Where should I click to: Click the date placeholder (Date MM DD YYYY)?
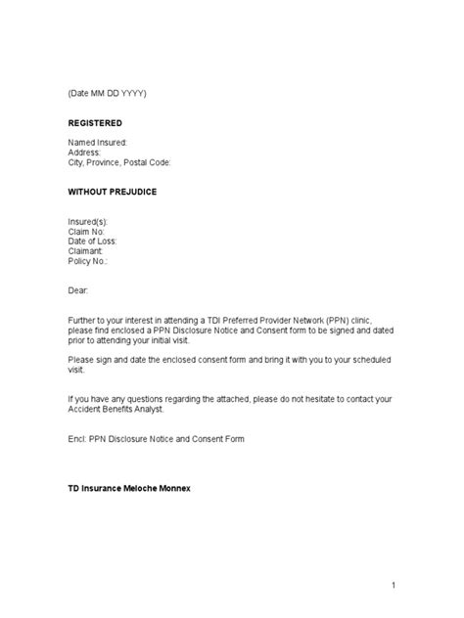[108, 93]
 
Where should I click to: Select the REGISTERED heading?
[96, 123]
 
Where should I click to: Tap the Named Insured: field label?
[98, 143]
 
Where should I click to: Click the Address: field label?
[85, 153]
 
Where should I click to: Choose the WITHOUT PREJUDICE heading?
[113, 192]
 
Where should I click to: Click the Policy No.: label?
[88, 262]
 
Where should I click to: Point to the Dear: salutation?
[78, 291]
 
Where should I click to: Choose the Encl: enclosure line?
[156, 439]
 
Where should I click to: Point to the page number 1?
[392, 585]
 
